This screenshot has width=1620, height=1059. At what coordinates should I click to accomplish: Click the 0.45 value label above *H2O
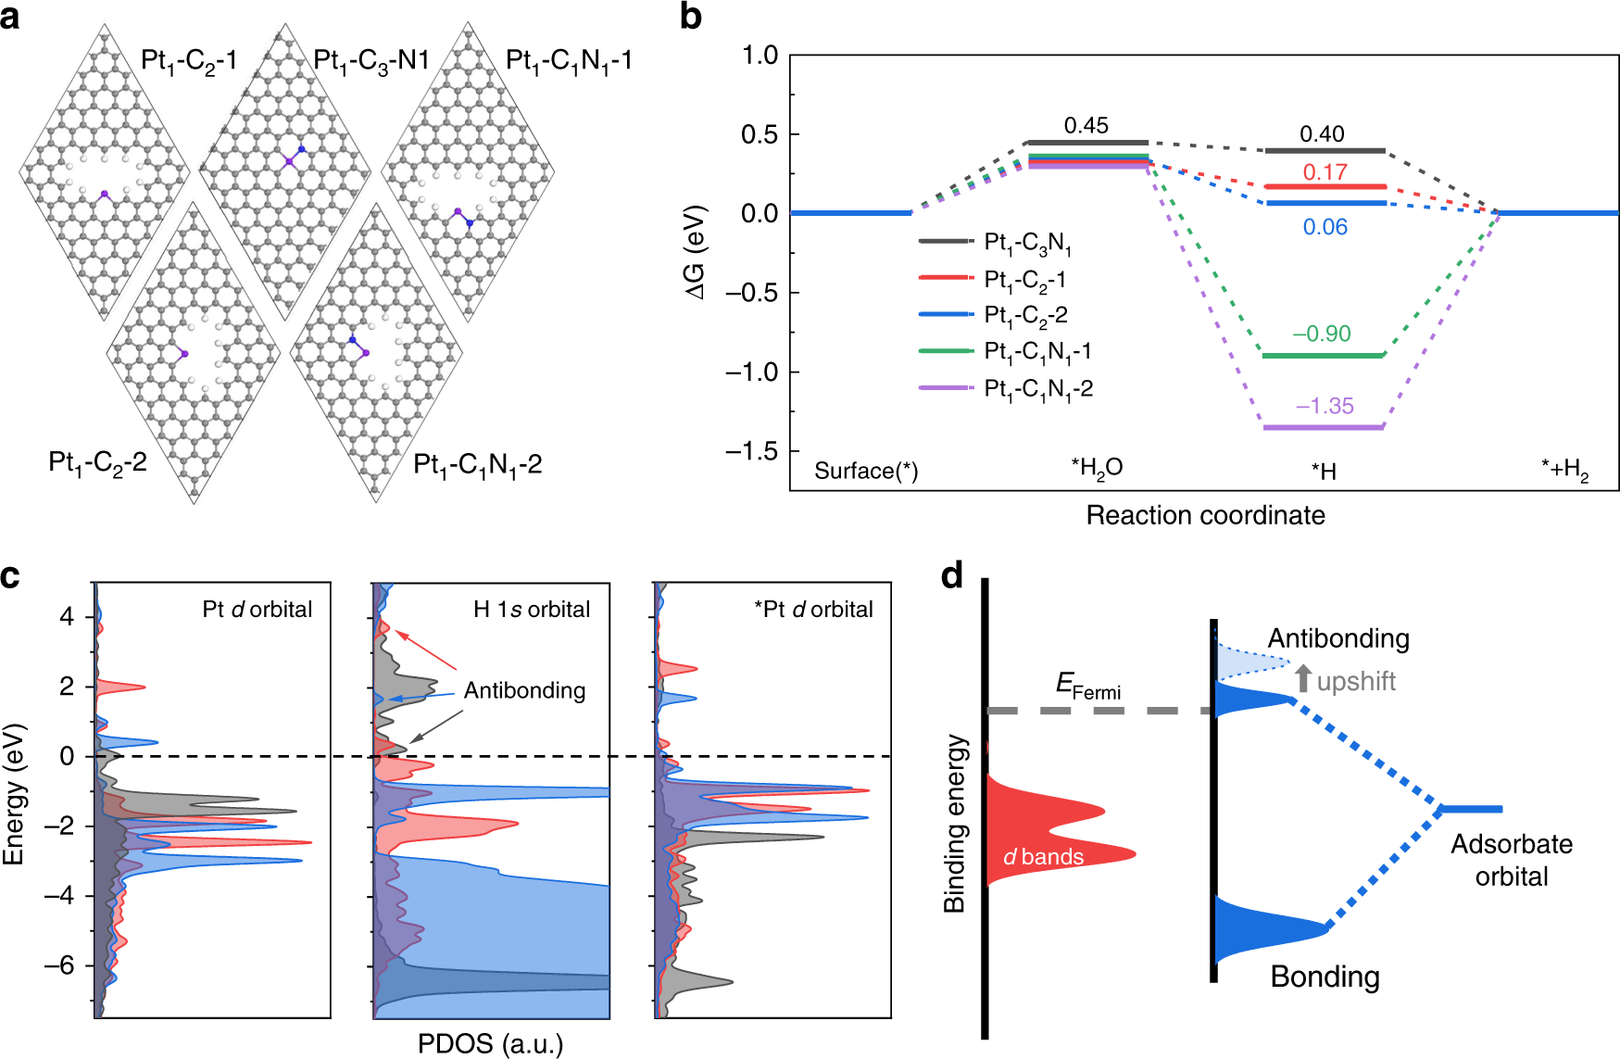[1086, 126]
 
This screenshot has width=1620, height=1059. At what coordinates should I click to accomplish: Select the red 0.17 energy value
[1325, 172]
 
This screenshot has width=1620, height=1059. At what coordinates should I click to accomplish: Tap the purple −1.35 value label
[1325, 406]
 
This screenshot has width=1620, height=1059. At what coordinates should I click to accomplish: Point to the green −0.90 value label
[1322, 334]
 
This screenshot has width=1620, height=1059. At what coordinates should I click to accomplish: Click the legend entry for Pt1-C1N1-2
[1037, 389]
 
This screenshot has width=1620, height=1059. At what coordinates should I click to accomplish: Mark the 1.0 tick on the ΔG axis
[760, 56]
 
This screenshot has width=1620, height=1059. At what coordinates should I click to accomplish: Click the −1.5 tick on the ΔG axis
[751, 451]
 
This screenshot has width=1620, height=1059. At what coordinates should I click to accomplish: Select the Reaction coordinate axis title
[1205, 515]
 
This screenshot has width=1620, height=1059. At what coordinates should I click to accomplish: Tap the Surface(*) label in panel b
[866, 471]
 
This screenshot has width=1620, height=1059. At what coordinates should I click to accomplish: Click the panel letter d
[952, 576]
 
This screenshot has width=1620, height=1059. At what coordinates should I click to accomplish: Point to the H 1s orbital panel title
[532, 610]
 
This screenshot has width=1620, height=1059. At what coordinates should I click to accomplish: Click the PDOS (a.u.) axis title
[490, 1044]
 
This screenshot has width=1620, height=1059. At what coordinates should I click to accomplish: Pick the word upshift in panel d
[1356, 682]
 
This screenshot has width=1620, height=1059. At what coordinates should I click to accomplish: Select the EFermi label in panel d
[1088, 687]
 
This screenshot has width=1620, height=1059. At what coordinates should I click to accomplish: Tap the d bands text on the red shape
[1044, 857]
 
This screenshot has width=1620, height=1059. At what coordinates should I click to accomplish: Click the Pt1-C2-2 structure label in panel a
[97, 462]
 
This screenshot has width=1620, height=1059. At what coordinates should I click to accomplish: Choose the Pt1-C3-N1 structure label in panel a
[371, 61]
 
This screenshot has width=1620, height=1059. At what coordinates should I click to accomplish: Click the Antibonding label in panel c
[524, 690]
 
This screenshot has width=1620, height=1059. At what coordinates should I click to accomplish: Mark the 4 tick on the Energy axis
[67, 617]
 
